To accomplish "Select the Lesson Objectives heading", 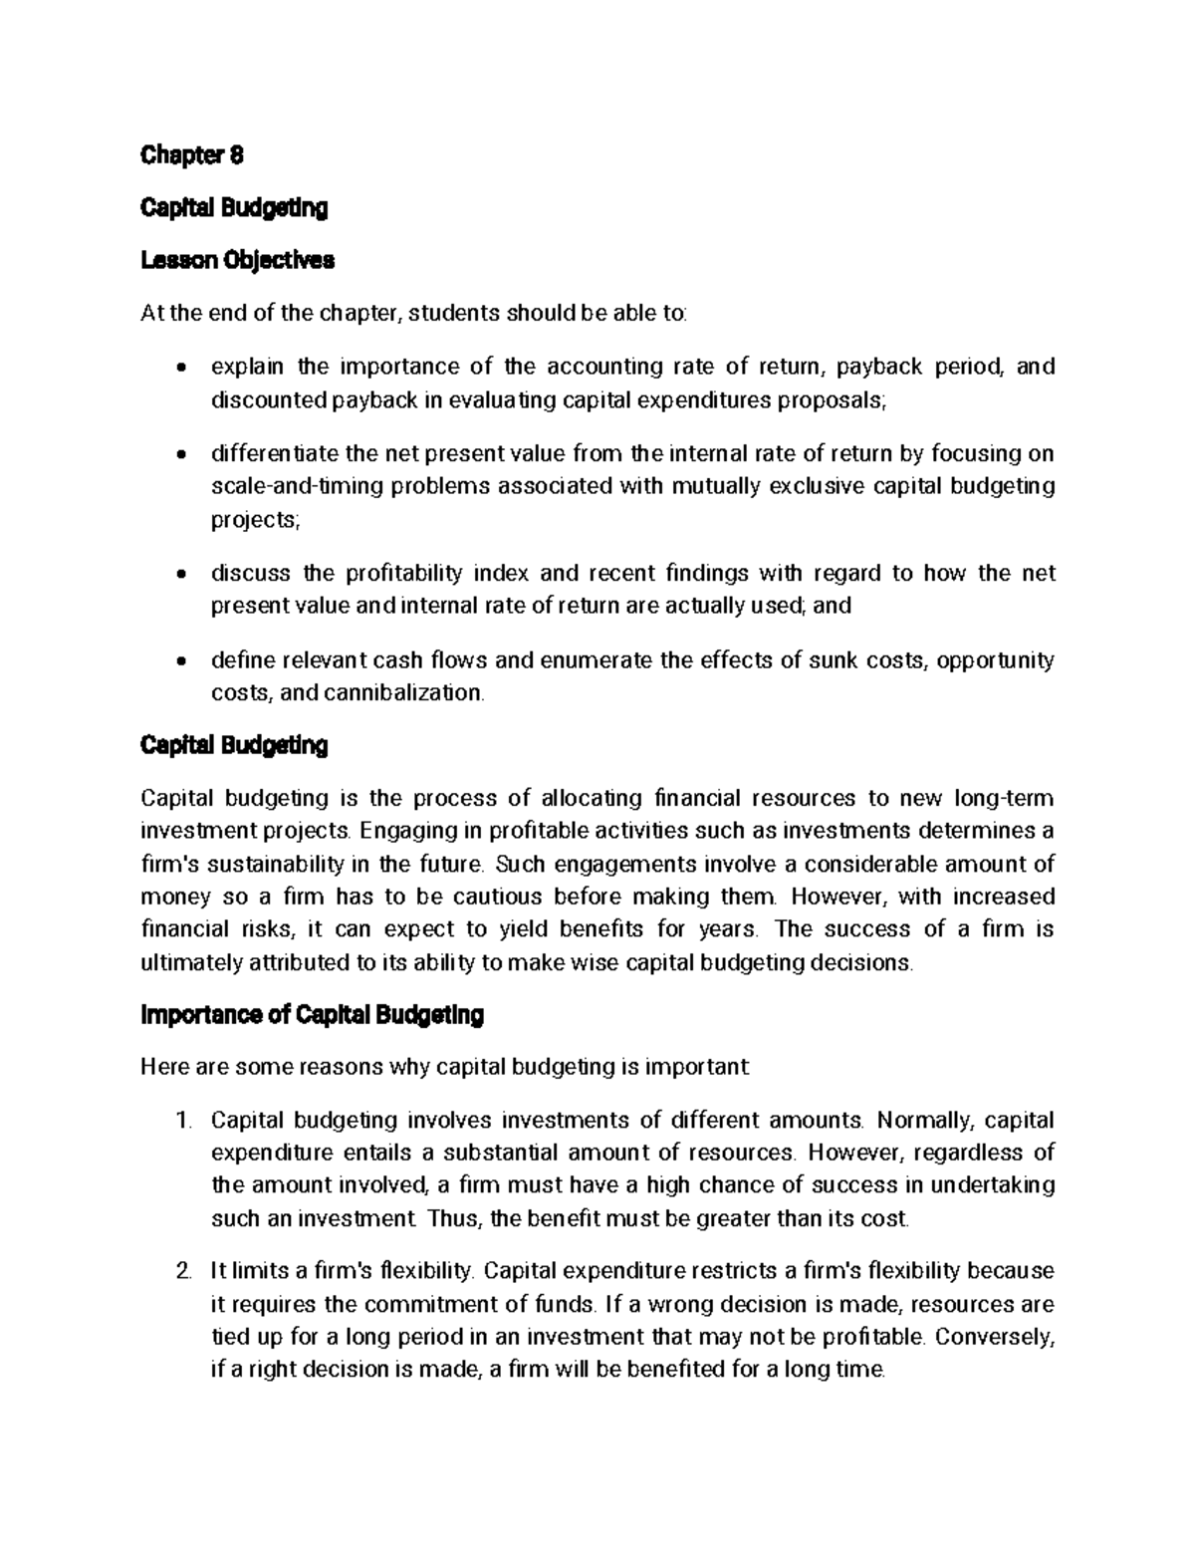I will (237, 261).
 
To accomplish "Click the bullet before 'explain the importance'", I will (179, 369).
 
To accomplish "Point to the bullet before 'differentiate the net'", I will (179, 455).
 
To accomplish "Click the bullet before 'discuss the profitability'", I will (179, 575).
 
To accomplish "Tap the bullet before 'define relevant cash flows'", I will (179, 661).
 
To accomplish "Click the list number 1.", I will (181, 1121).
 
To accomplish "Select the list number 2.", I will (181, 1272).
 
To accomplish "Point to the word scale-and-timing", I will (283, 487).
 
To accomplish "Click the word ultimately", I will (190, 963).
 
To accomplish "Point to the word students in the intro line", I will (454, 314).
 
